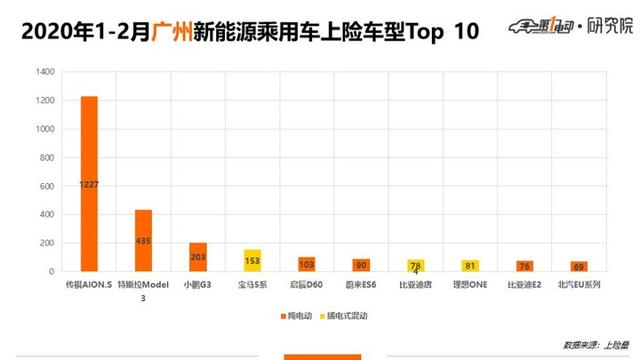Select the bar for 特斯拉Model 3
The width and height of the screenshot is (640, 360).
[x=143, y=240]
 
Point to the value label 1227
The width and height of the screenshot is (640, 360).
[x=89, y=184]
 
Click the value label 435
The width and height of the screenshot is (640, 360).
[x=143, y=241]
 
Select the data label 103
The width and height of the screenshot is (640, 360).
[x=306, y=265]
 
